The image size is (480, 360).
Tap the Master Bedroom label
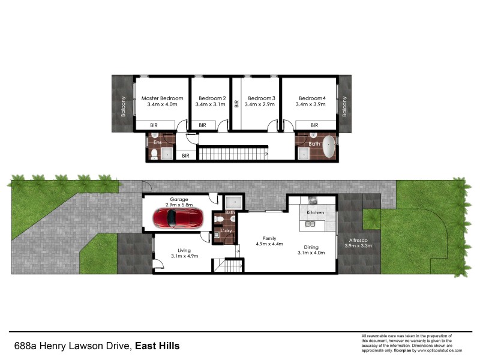pyautogui.click(x=162, y=98)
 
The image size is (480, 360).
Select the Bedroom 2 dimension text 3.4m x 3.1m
pyautogui.click(x=211, y=105)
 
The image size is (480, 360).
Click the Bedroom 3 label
pyautogui.click(x=261, y=98)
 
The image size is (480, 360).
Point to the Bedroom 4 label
pyautogui.click(x=312, y=98)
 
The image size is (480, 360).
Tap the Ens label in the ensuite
pyautogui.click(x=158, y=142)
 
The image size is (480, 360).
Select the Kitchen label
pyautogui.click(x=316, y=213)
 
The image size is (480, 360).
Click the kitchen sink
pyautogui.click(x=311, y=224)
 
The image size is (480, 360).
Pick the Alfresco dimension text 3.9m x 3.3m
pyautogui.click(x=359, y=245)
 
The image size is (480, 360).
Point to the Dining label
pyautogui.click(x=311, y=247)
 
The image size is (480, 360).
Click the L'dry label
pyautogui.click(x=227, y=231)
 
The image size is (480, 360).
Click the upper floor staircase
pyautogui.click(x=233, y=154)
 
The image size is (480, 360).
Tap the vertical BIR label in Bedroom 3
pyautogui.click(x=237, y=103)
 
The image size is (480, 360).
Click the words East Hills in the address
pyautogui.click(x=157, y=346)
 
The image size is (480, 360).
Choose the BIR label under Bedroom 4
pyautogui.click(x=314, y=125)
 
